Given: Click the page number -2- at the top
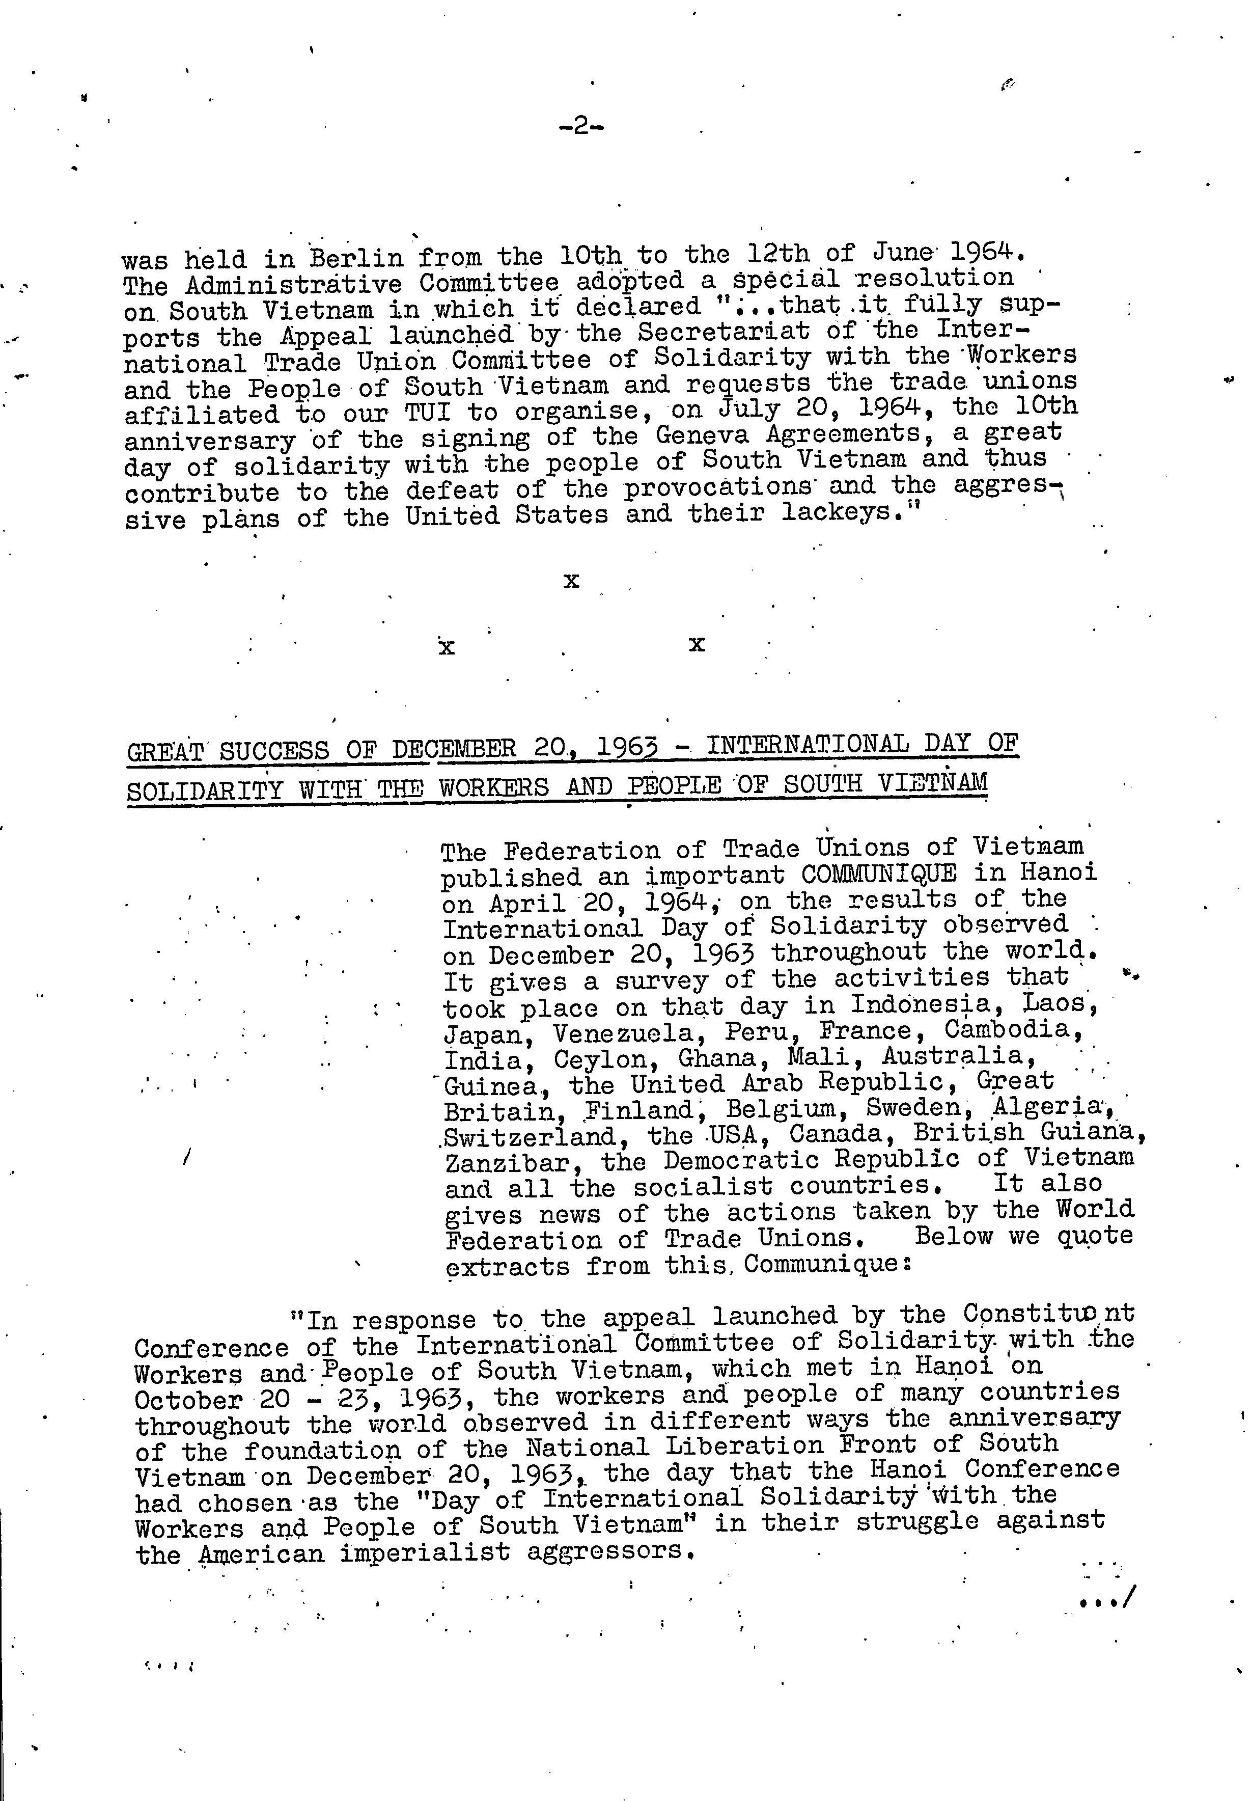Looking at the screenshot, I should tap(581, 126).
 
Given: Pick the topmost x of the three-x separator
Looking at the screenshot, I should tap(571, 581).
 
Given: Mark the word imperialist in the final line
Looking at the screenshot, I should tap(425, 1551).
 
